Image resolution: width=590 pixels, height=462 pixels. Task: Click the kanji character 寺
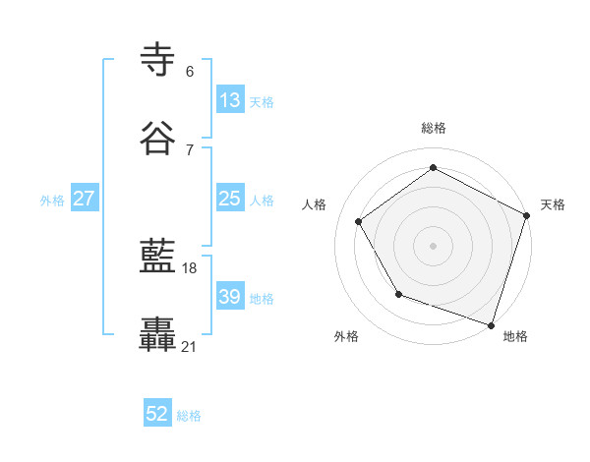tap(159, 60)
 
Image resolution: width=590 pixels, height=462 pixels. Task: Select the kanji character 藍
tap(159, 258)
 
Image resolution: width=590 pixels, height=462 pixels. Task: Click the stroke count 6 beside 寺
tap(190, 72)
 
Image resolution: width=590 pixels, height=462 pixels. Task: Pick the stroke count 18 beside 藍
tap(190, 268)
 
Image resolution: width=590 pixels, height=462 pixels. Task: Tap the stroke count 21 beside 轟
tap(190, 346)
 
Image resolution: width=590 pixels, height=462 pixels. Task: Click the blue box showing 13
tap(230, 100)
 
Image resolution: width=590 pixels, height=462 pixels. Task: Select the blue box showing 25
tap(230, 199)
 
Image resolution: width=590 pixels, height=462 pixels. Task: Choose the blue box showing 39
tap(230, 297)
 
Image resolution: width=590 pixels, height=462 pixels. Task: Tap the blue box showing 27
tap(85, 199)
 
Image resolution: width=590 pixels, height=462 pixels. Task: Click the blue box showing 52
tap(157, 415)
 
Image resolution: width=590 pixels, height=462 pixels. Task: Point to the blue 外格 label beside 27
tap(52, 200)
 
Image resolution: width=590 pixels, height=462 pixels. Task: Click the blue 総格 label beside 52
tap(189, 416)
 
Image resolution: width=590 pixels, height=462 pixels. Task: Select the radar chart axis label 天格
tap(553, 204)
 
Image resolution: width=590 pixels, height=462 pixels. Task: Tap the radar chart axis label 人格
tap(315, 204)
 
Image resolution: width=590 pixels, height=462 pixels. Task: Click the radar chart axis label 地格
tap(515, 336)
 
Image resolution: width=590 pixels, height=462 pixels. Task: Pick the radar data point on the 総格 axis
tap(433, 168)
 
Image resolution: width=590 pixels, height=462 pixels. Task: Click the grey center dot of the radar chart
tap(433, 245)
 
